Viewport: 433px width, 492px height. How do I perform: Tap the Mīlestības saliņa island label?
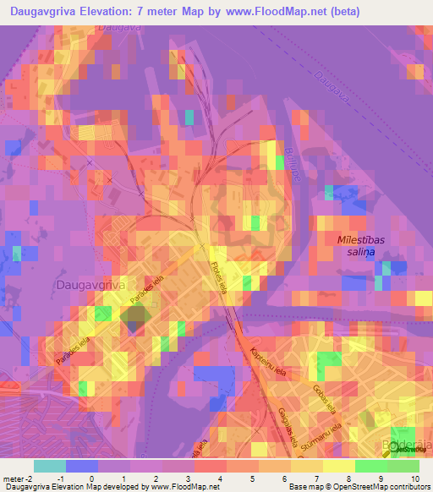(361, 246)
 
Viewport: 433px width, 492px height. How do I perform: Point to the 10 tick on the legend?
(414, 478)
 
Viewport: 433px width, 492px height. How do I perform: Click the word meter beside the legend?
(13, 478)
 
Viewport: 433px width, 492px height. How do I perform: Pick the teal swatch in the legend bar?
(49, 466)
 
